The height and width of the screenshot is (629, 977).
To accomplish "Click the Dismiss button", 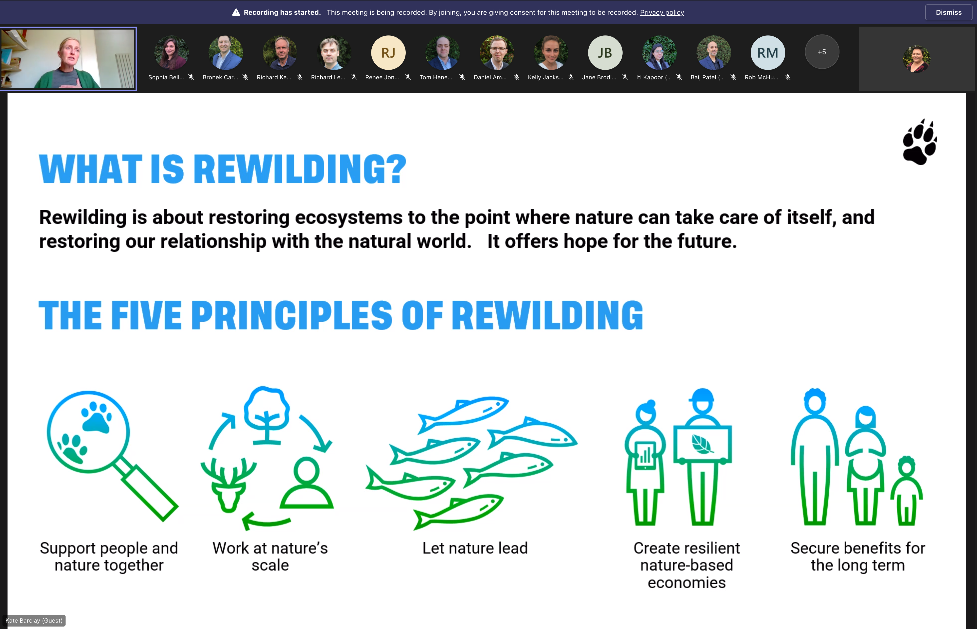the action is pos(948,12).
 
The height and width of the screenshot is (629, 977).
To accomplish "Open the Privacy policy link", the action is pos(662,12).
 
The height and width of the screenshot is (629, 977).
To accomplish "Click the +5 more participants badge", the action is pos(822,52).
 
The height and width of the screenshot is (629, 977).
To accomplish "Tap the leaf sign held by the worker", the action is pos(702,444).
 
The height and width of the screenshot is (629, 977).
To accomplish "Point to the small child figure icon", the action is pos(906,490).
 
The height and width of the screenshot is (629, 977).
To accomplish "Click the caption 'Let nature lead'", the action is pos(475,548).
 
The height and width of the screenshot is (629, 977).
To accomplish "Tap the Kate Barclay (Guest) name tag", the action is pos(34,620).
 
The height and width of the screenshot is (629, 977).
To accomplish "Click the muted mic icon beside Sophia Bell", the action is pos(191,77).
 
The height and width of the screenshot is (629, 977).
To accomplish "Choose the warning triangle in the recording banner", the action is pos(236,12).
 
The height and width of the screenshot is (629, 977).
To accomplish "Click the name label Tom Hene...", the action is pos(436,77).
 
